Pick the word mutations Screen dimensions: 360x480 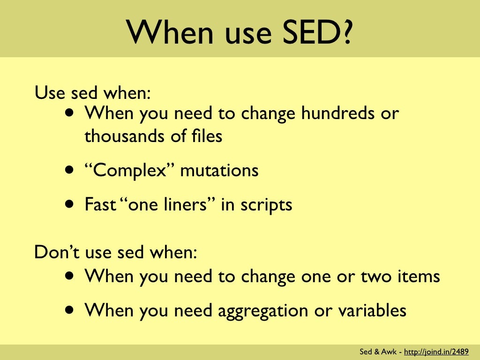click(219, 170)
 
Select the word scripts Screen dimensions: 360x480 click(265, 205)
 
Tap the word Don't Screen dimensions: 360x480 click(55, 253)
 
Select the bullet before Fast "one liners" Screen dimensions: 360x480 click(69, 205)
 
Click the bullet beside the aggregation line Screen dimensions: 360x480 click(69, 310)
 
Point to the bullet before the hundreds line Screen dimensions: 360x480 click(69, 113)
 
